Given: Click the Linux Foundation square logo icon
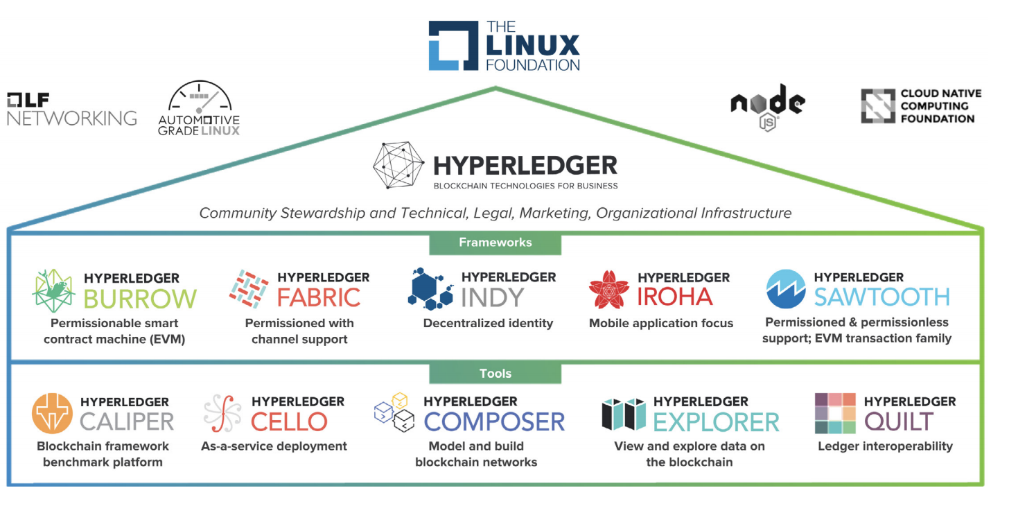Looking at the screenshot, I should (x=453, y=45).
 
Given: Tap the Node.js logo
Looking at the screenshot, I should (x=767, y=105).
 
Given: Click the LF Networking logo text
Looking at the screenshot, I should (x=71, y=110).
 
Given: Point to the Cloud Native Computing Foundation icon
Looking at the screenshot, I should (x=877, y=106).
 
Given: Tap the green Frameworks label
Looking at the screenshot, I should (x=495, y=243).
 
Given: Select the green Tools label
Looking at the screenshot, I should (x=495, y=374).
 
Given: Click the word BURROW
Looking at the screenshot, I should (x=140, y=298).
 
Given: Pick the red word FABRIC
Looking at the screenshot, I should (x=319, y=297).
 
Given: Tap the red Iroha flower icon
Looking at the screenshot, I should (x=608, y=290).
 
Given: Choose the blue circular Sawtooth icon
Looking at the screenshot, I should (x=786, y=289).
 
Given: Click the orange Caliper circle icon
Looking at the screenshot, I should (x=52, y=414).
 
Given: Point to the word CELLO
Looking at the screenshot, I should (x=289, y=421).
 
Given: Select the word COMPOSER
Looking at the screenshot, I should (x=494, y=421).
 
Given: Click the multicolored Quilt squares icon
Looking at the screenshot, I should (x=835, y=414).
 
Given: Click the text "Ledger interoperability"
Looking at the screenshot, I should (x=885, y=446).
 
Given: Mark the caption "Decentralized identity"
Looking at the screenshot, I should (x=488, y=323).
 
